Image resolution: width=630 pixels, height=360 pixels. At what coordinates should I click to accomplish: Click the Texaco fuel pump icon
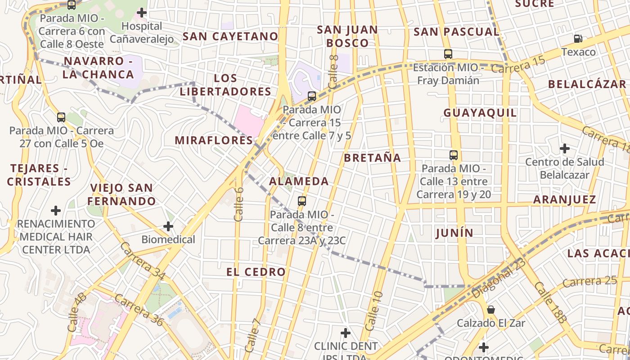(578, 39)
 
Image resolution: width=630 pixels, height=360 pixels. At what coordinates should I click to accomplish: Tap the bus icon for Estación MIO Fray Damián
(448, 54)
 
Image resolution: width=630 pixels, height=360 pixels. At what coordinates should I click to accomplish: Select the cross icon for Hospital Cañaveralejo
(142, 13)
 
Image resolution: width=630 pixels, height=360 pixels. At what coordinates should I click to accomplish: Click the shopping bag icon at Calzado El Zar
(491, 310)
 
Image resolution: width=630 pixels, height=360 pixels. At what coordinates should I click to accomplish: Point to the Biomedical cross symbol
(168, 226)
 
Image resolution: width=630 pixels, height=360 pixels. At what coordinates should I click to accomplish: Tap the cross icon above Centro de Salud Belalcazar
(564, 148)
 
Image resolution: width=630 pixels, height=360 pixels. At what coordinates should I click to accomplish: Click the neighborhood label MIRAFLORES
(214, 140)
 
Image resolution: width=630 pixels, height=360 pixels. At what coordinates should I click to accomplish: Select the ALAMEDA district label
(299, 181)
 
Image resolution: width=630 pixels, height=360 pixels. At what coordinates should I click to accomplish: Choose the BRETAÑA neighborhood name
(372, 158)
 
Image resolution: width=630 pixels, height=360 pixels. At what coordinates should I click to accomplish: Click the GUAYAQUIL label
(480, 113)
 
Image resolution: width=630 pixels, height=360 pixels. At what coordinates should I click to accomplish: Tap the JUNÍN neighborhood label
(454, 233)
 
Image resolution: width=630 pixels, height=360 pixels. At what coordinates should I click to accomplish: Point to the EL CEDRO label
(256, 272)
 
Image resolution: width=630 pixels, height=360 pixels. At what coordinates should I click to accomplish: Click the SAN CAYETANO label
(230, 36)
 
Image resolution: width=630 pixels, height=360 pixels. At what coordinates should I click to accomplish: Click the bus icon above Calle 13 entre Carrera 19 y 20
(454, 155)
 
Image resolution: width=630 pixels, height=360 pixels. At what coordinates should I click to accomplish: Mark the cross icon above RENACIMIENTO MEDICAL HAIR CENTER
(56, 210)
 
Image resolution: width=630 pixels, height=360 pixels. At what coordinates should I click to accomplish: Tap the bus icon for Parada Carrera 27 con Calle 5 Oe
(61, 117)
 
